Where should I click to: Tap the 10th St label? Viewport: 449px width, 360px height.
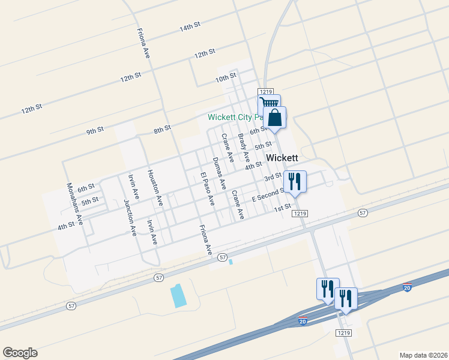[226, 78]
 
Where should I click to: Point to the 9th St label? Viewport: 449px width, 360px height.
[95, 131]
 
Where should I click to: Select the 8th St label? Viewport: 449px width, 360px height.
[162, 128]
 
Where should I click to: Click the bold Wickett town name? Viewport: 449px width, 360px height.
[282, 158]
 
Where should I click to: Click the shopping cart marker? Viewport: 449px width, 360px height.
[269, 104]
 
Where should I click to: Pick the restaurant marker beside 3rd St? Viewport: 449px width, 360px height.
[295, 181]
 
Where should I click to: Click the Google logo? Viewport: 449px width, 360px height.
[20, 353]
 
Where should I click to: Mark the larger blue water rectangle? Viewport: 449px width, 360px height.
[178, 296]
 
